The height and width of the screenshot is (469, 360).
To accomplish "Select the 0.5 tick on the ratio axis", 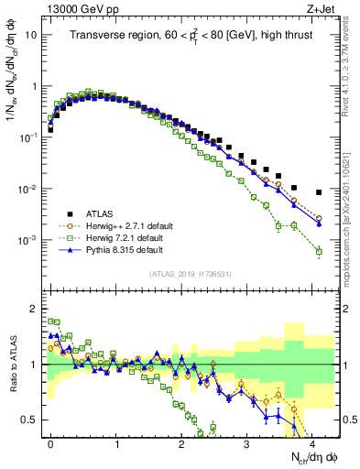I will tap(30, 420).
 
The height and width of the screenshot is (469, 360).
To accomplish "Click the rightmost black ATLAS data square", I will tap(319, 192).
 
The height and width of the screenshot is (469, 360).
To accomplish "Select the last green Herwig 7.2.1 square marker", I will tap(319, 251).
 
